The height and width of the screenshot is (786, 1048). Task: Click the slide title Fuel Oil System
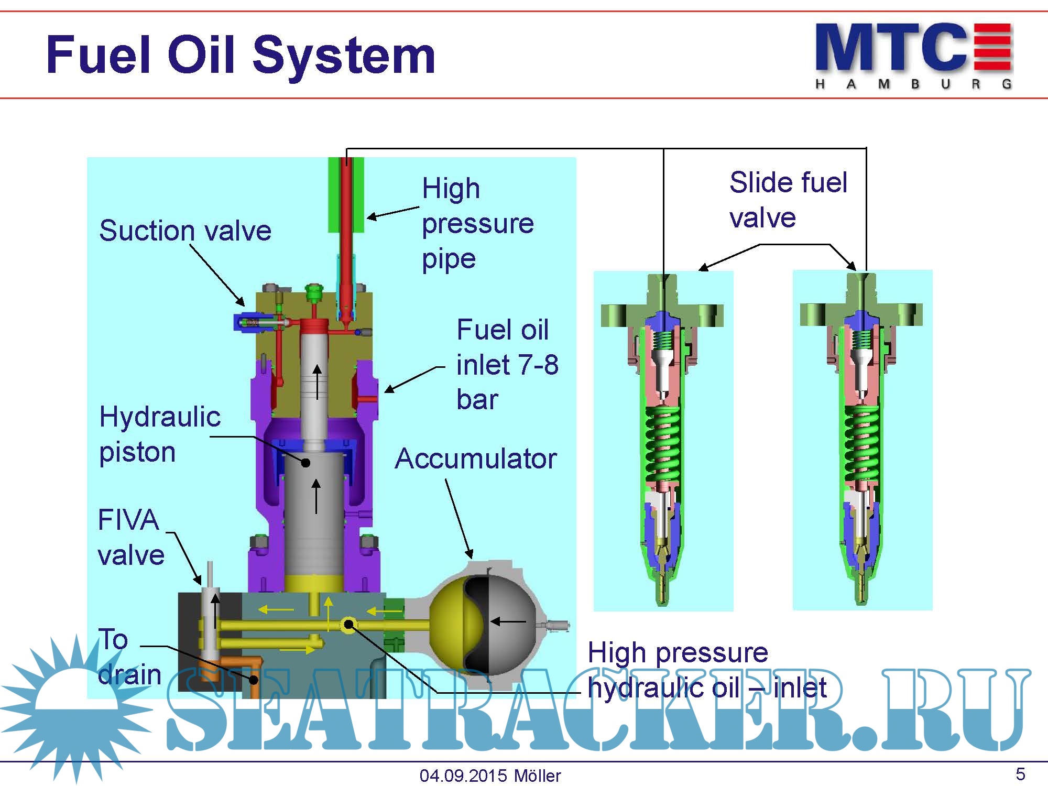tap(241, 55)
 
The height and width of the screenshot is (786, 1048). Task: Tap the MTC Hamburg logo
tap(913, 55)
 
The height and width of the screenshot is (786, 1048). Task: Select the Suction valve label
tap(185, 231)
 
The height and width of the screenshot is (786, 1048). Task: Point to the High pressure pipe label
tap(477, 223)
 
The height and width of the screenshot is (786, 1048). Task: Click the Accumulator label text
tap(475, 459)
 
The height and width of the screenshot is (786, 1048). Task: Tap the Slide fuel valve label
tap(788, 200)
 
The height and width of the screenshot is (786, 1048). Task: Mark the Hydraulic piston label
tap(159, 434)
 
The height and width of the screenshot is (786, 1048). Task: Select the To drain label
tap(129, 657)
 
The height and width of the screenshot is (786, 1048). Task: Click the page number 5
tap(1020, 774)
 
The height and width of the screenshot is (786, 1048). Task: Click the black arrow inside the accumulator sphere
tap(508, 622)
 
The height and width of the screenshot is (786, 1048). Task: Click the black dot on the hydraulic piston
tap(305, 463)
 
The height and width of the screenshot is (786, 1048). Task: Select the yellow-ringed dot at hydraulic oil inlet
tap(348, 625)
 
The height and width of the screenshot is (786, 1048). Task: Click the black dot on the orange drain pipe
tap(254, 680)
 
